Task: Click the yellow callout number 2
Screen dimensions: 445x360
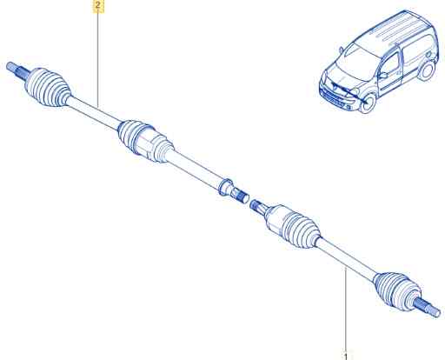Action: (x=98, y=5)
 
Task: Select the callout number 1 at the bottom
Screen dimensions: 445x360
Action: (x=345, y=356)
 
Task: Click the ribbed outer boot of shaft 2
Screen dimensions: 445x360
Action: (x=48, y=87)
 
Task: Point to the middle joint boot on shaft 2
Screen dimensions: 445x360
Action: (x=145, y=140)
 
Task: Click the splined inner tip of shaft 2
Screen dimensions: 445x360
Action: (x=241, y=196)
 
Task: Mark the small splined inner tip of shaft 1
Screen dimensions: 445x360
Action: (x=256, y=205)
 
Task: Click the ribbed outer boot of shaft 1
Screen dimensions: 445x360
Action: (x=397, y=292)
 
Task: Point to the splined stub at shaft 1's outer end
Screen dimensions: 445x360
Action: (x=428, y=309)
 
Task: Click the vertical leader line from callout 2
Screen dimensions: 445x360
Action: (x=98, y=58)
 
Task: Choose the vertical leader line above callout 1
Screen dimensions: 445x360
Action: (x=345, y=310)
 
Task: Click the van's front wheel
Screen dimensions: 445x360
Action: (x=368, y=103)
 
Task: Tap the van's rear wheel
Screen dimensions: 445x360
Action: (x=428, y=70)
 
